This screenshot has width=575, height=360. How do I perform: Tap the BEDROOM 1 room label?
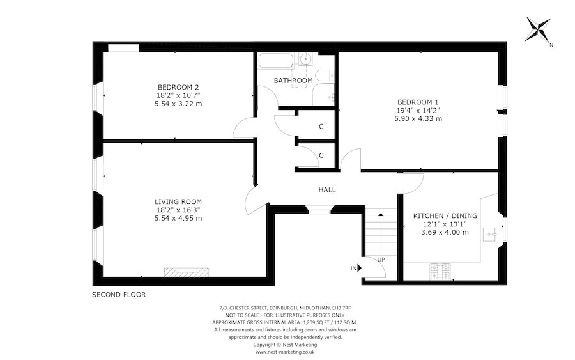point(418,102)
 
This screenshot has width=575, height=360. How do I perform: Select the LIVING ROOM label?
point(178,201)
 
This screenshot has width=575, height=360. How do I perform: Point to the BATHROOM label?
point(293,81)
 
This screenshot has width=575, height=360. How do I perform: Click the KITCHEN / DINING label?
point(445,215)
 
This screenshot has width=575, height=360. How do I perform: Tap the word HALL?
point(327,189)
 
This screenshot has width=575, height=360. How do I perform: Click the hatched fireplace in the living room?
point(186,272)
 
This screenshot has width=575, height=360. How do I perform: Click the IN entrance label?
point(353,269)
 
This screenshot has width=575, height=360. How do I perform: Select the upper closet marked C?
point(321,126)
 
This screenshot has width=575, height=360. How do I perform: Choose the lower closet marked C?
point(321,155)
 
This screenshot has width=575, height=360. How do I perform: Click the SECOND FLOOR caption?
point(119,295)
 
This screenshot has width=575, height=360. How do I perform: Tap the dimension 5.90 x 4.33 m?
point(418,118)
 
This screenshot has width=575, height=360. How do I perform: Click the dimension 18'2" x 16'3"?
point(178,210)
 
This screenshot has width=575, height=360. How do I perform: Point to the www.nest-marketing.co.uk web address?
point(285,352)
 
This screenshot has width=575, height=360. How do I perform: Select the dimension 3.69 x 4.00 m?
point(445,232)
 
